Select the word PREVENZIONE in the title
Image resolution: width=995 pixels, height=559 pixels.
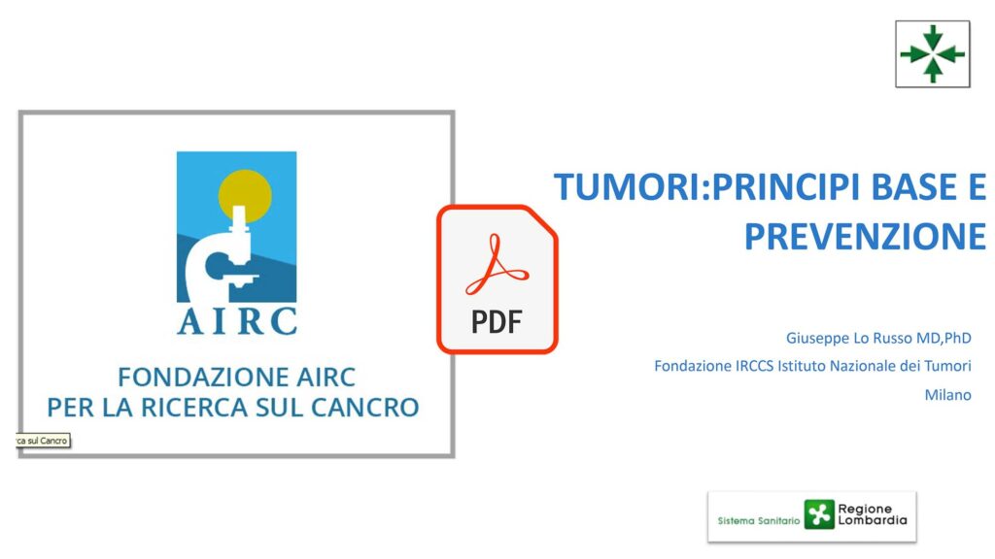(865, 237)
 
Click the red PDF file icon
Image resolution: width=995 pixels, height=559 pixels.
(497, 279)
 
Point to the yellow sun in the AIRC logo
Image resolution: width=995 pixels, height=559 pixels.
(245, 195)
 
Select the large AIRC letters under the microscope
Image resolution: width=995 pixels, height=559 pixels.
(237, 321)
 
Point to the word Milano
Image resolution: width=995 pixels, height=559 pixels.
(948, 395)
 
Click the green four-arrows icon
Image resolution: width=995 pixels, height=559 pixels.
(933, 54)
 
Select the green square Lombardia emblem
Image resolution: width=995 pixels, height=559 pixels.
(818, 514)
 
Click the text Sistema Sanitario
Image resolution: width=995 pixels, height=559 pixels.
(758, 521)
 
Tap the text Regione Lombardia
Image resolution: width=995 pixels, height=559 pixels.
(873, 514)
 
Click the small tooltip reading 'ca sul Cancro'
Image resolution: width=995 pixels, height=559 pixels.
(43, 441)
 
